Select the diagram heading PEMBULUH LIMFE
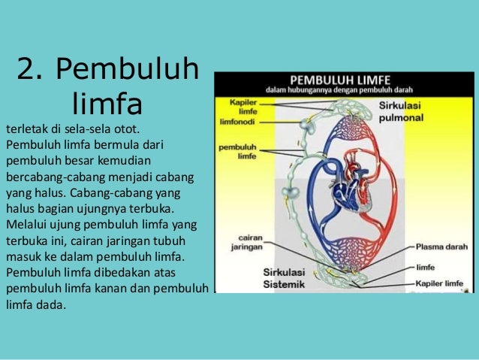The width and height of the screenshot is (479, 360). [342, 79]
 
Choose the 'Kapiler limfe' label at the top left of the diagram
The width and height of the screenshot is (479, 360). [233, 104]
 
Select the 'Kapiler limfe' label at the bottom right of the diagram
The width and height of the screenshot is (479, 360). [444, 283]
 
